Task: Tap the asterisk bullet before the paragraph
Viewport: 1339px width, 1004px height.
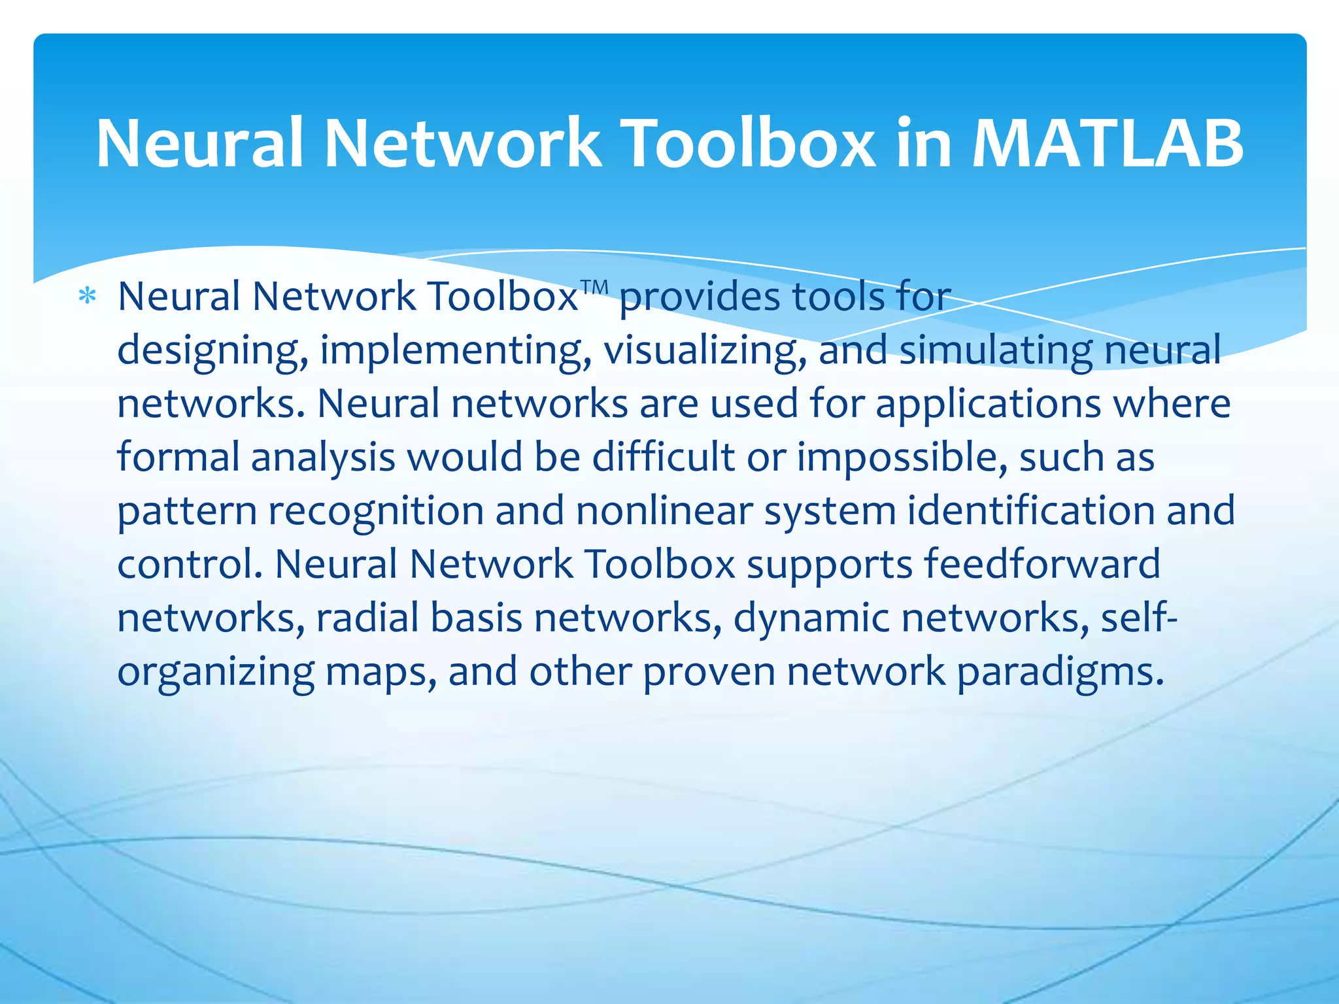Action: (x=87, y=297)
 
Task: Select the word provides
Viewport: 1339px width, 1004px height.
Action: (x=699, y=297)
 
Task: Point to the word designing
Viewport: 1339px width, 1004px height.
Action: (x=212, y=351)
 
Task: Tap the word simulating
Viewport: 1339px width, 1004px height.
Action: (x=996, y=350)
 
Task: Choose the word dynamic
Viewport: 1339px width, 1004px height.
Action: (x=811, y=618)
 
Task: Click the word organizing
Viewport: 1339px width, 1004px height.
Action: (x=216, y=672)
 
